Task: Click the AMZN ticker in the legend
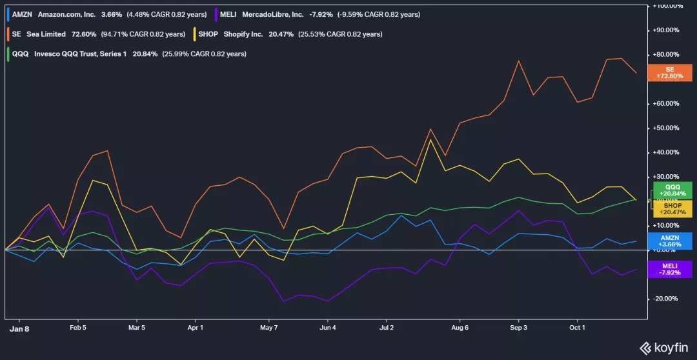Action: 22,14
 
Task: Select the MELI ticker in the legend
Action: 228,14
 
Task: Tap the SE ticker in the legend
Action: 17,34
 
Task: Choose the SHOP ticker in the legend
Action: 208,34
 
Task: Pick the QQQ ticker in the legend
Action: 21,54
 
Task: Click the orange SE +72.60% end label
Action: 670,73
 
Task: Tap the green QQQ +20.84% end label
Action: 672,190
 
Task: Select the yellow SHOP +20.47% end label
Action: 672,209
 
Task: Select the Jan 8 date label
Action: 19,328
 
